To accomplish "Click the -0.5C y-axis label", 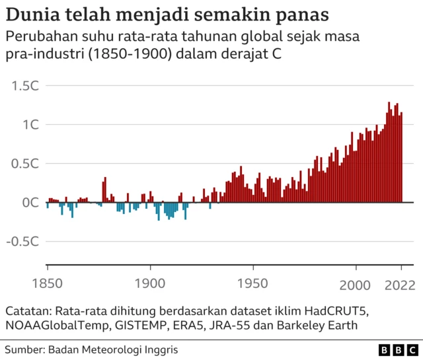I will click(23, 242).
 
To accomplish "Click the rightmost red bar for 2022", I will click(401, 158).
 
